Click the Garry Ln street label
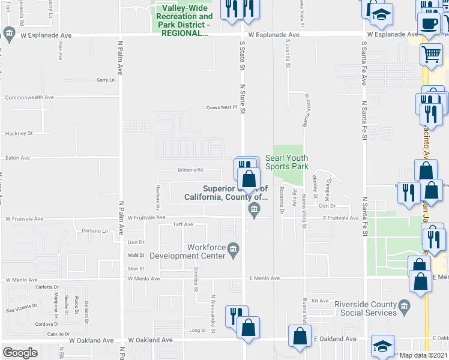coord(105,80)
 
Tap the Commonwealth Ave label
coord(29,97)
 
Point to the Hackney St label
coord(19,133)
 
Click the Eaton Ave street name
coord(17,158)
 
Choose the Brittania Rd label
coord(191,170)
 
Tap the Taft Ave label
coord(182,224)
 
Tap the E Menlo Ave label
coord(264,278)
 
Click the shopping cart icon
coord(432,55)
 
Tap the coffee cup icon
coord(429,24)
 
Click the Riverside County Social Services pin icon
coord(404,307)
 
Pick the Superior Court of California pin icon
coord(254,209)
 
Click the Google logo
coord(20,352)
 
